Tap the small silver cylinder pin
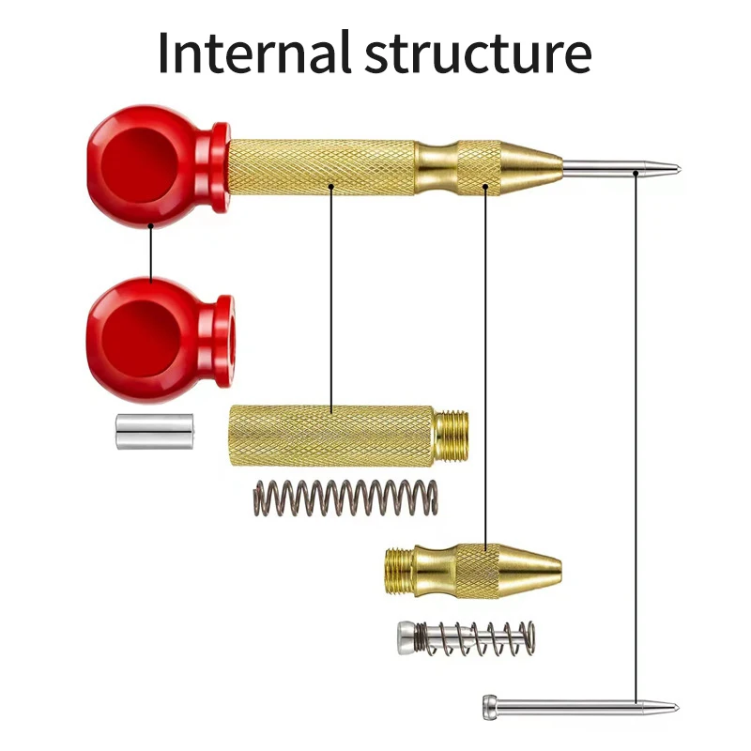click(x=154, y=431)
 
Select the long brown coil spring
click(x=345, y=497)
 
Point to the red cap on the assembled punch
click(x=156, y=165)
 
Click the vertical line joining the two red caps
click(x=150, y=252)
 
